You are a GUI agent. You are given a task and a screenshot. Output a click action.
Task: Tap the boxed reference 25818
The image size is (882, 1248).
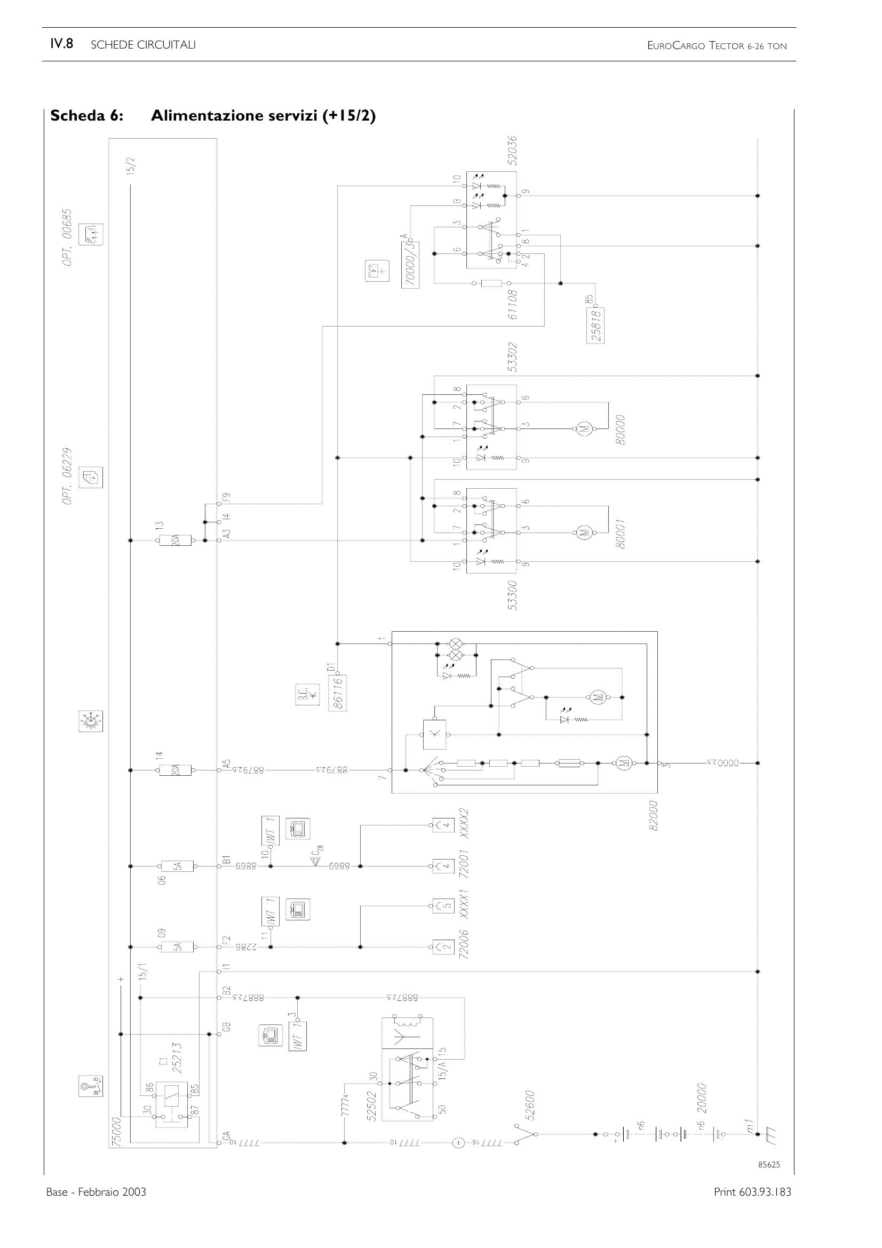tap(596, 324)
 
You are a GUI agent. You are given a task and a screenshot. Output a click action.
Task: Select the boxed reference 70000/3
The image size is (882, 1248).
tap(410, 265)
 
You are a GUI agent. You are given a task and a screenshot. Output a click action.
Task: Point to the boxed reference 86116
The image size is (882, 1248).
tap(337, 693)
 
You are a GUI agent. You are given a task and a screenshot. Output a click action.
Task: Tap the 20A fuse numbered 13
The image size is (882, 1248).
tap(175, 540)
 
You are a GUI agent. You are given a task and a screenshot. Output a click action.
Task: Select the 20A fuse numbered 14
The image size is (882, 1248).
tap(175, 770)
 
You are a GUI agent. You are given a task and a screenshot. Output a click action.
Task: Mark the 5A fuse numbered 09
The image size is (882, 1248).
tap(175, 947)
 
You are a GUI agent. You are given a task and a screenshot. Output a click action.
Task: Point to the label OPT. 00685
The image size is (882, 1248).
tap(67, 237)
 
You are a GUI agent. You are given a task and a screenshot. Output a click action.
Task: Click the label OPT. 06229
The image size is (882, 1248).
tap(67, 476)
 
